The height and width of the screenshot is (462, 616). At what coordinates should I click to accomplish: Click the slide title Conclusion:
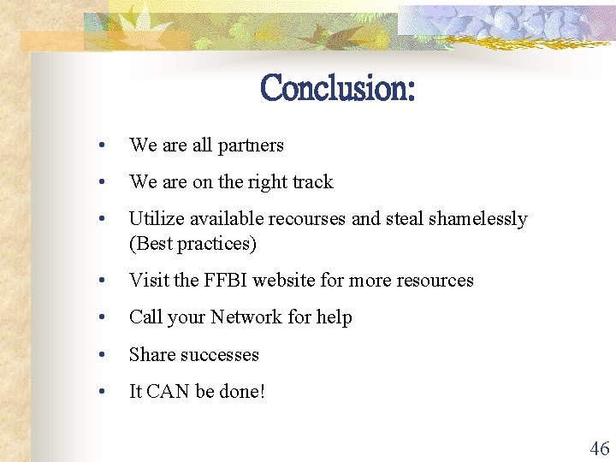point(337,88)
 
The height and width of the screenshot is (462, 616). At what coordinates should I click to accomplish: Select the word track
point(312,181)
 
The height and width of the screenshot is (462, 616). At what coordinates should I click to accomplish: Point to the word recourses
point(308,219)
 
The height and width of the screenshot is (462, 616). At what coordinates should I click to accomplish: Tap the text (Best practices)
point(192,244)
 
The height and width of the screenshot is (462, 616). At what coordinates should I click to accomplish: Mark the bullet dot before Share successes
point(102,355)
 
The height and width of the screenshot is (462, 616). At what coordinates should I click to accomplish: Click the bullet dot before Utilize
point(102,220)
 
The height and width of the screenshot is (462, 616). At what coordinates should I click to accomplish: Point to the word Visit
point(146,280)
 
